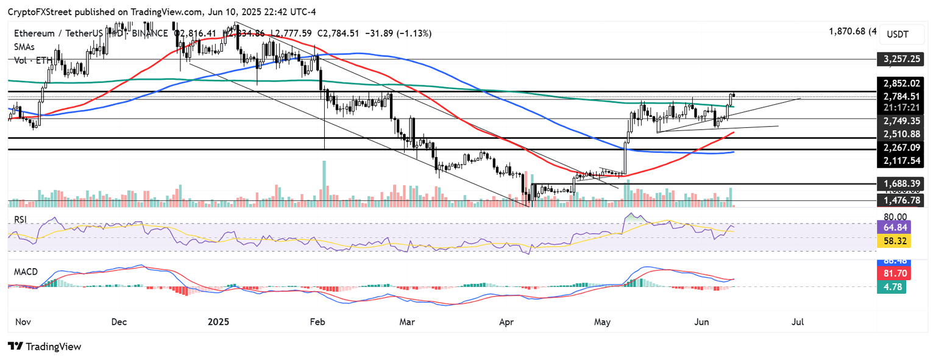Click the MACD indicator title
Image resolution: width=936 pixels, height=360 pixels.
26,272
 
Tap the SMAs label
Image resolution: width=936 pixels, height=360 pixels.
26,47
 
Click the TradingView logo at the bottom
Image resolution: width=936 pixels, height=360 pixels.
44,347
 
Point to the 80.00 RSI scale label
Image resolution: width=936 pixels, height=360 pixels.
895,216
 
